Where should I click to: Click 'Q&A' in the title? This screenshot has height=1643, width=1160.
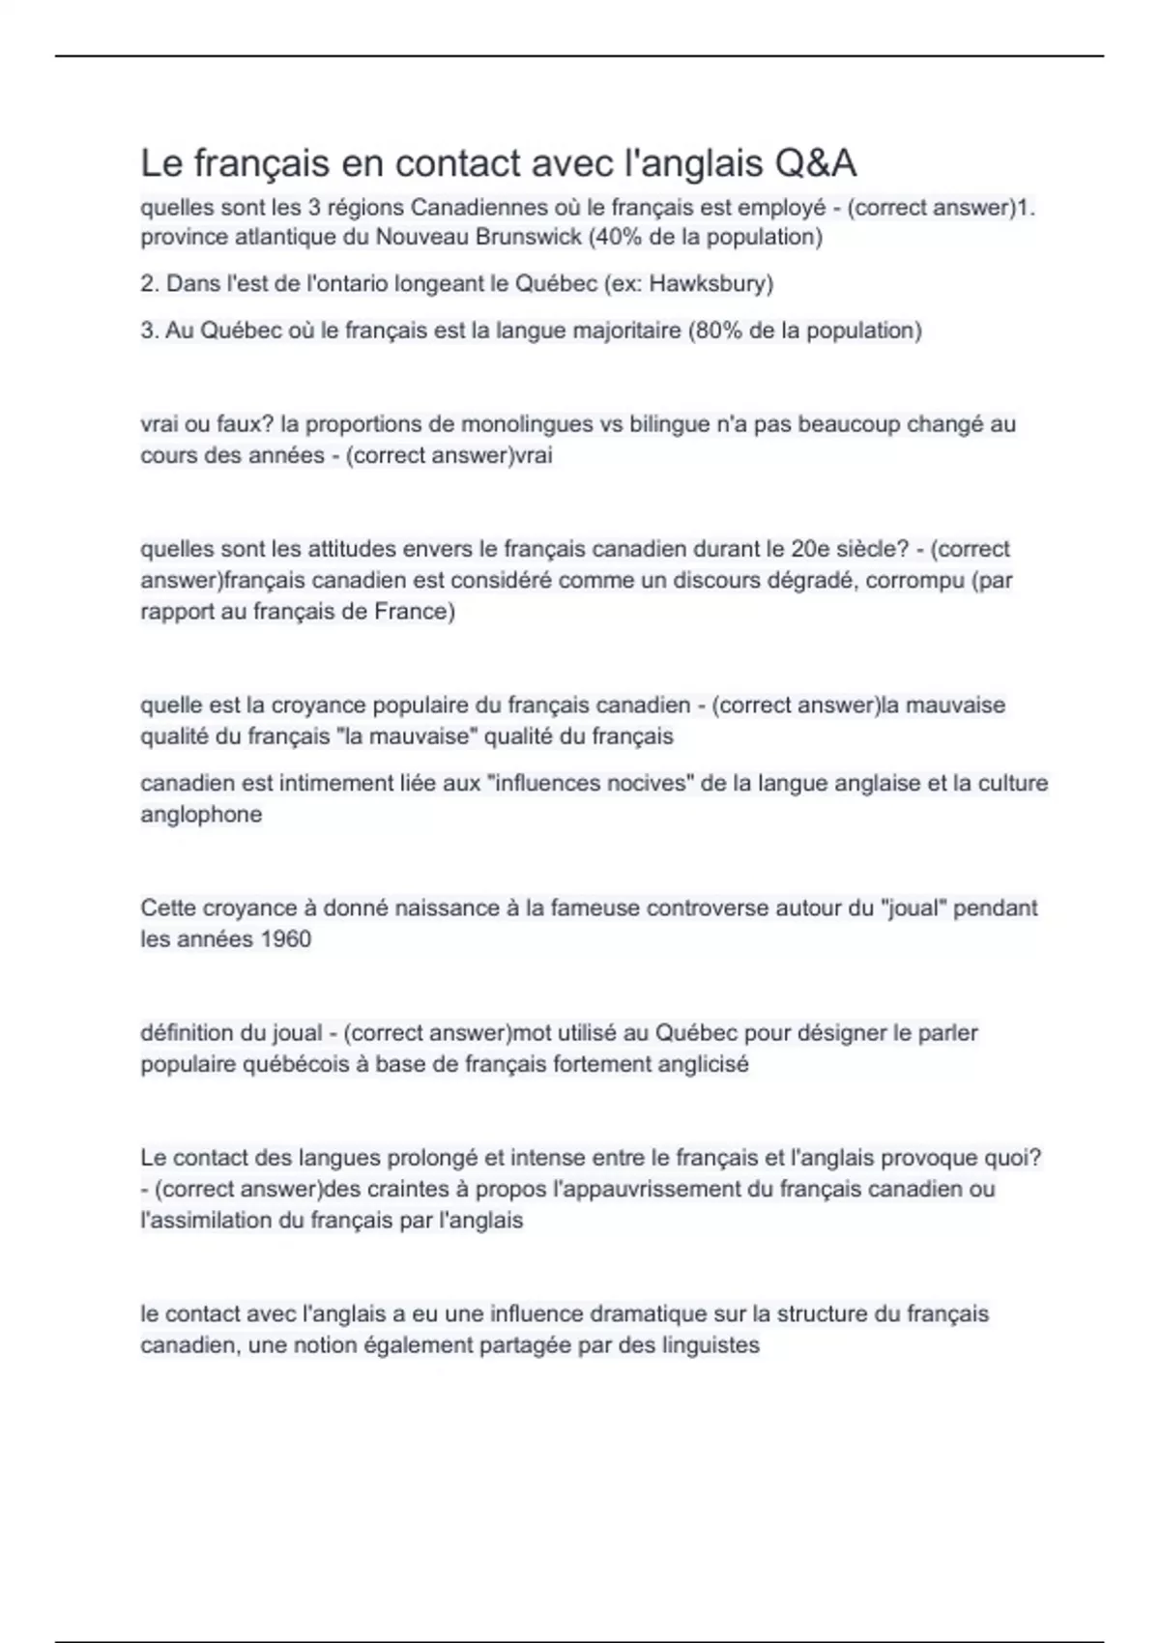coord(814,163)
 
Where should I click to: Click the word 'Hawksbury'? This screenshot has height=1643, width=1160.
coord(710,284)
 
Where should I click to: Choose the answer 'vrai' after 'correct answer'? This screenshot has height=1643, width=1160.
coord(534,455)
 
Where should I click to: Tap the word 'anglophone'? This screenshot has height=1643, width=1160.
coord(201,815)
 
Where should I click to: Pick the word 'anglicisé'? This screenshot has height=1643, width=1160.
coord(703,1064)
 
